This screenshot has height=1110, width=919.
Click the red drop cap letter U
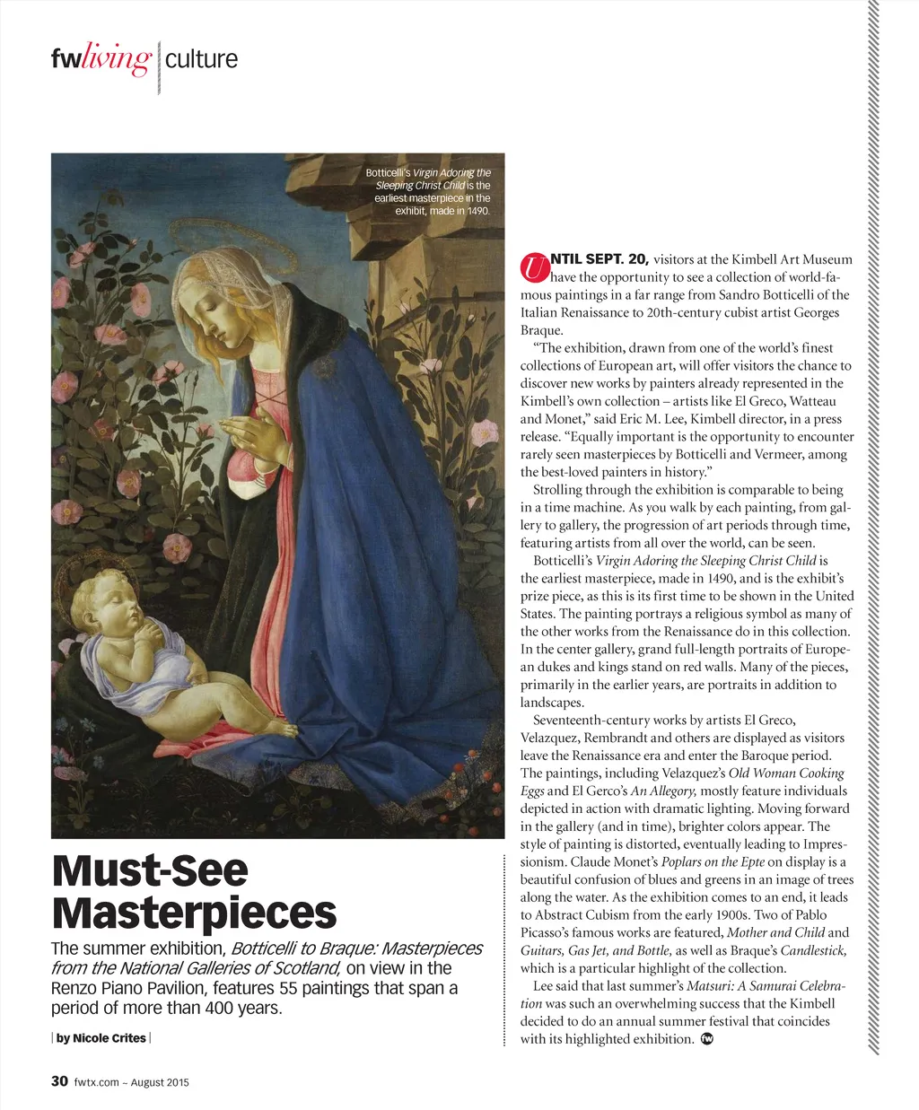(x=535, y=267)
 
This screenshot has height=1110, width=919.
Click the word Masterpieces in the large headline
(x=194, y=913)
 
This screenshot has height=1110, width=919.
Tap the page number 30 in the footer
(x=59, y=1081)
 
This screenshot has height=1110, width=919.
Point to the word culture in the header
(x=202, y=59)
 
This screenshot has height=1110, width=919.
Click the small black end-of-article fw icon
(x=706, y=1039)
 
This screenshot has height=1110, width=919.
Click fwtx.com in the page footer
(x=97, y=1082)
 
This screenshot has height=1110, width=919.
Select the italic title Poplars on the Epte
(x=713, y=862)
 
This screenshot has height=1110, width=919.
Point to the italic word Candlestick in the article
(x=813, y=950)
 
